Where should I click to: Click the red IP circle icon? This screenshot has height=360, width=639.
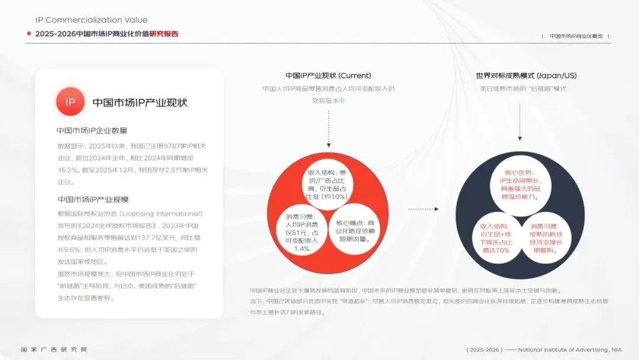pos(70,102)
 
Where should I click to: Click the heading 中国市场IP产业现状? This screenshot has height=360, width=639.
pos(140,102)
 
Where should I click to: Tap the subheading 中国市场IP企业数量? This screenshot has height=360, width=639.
pos(92,131)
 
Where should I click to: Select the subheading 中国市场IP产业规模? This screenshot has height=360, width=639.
pos(93,200)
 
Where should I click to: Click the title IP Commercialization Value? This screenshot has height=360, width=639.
pos(92,20)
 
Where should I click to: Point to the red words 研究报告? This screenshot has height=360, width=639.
pos(164,34)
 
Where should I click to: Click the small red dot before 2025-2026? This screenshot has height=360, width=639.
pos(28,34)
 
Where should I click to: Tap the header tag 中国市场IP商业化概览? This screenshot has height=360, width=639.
pos(576,36)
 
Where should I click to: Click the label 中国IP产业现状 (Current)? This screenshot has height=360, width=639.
pos(328,76)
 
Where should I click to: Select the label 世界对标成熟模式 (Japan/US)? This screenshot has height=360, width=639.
pos(526,76)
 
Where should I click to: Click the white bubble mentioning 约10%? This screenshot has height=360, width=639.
pos(327,184)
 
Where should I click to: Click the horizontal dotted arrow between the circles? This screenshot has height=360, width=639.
pos(423,209)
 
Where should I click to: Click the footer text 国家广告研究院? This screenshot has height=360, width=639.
pos(54,349)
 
